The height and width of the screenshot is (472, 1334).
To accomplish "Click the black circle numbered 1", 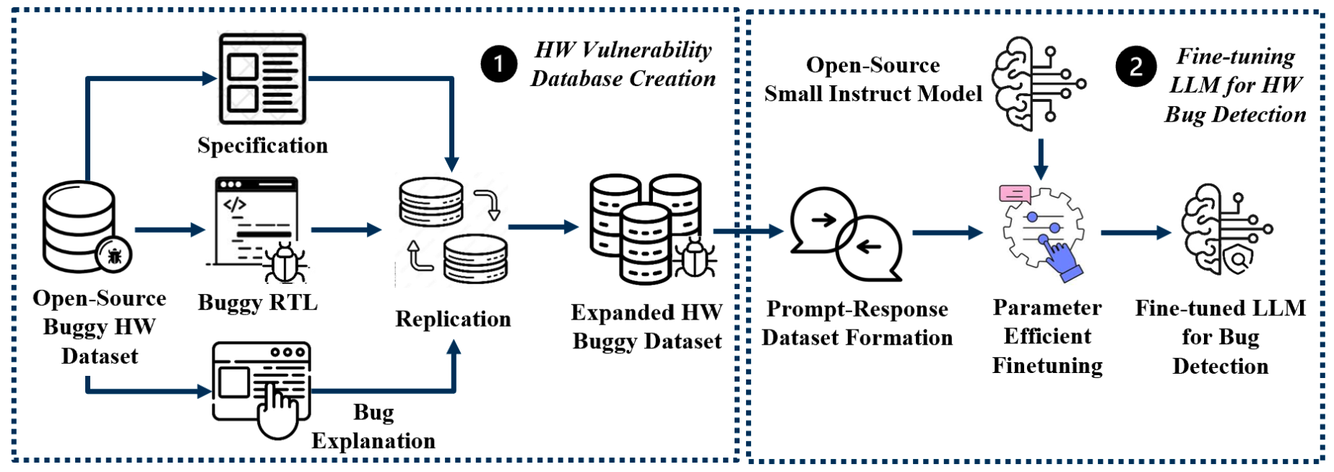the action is tap(499, 64).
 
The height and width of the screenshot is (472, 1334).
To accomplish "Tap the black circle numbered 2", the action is tap(1136, 66).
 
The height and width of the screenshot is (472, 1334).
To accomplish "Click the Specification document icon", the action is tap(263, 79).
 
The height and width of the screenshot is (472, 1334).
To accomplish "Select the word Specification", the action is tap(263, 145).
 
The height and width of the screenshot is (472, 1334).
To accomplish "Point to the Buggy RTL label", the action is tap(258, 302).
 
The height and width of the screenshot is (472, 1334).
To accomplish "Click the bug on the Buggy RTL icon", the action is tap(285, 262).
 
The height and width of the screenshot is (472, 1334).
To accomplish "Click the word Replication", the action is tap(453, 319).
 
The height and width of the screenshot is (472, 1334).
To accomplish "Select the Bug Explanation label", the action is tap(373, 426).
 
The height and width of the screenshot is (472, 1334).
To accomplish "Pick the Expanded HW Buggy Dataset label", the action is tap(647, 327).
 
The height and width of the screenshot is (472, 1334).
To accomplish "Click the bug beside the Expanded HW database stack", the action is tap(695, 257).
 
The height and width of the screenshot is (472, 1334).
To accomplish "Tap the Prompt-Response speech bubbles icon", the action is tap(846, 233).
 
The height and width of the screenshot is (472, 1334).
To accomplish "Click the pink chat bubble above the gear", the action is tap(1015, 193).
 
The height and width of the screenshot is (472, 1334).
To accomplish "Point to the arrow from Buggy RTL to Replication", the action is tap(346, 230).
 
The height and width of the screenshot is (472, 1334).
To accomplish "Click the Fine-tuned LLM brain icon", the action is tap(1226, 230).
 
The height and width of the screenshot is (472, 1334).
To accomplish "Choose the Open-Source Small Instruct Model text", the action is tap(873, 80).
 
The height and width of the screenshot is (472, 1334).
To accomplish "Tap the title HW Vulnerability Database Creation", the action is tap(623, 64).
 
